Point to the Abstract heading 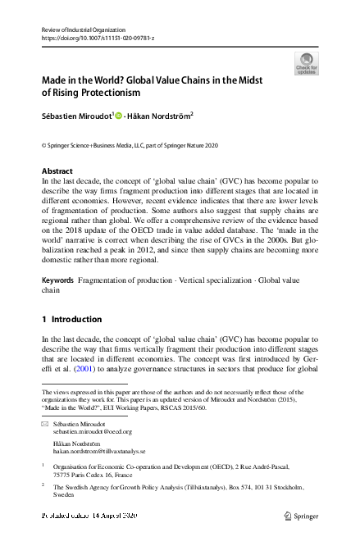(57, 171)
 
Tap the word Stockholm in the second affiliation (284, 488)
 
